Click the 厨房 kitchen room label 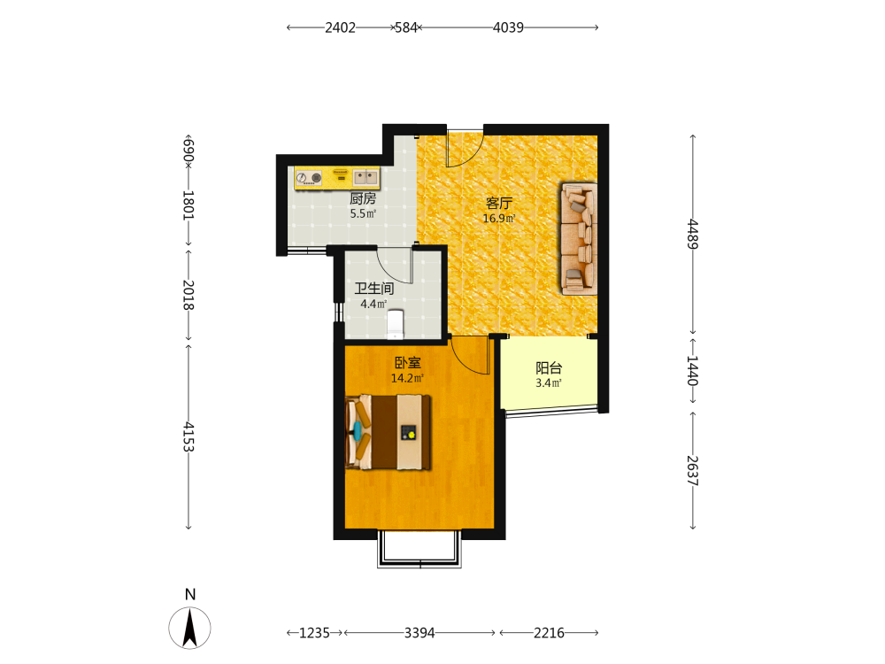click(x=362, y=198)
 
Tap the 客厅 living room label click(x=499, y=204)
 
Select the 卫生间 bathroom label click(x=374, y=289)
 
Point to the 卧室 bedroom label click(x=407, y=362)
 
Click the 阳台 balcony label click(x=549, y=368)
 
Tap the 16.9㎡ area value click(x=499, y=219)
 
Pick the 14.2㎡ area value click(x=407, y=378)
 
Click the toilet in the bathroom click(x=395, y=323)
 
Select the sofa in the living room click(x=579, y=238)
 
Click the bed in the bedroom click(x=389, y=433)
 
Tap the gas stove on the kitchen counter click(x=308, y=179)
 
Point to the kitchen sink click(x=366, y=178)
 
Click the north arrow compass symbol click(x=189, y=628)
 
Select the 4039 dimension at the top click(x=508, y=27)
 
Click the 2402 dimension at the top click(x=340, y=27)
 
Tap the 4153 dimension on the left click(x=189, y=436)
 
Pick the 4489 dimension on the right click(x=693, y=234)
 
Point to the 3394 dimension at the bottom click(x=419, y=633)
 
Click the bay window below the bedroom click(x=419, y=549)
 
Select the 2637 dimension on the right click(x=693, y=470)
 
